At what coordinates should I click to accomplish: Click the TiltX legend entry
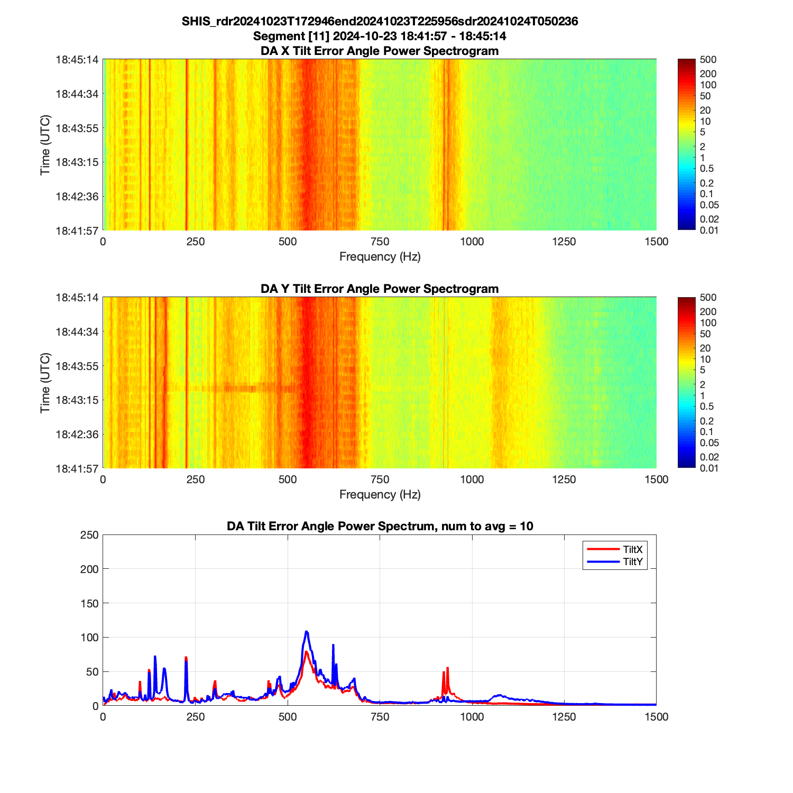632,550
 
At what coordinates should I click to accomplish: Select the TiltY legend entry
632,561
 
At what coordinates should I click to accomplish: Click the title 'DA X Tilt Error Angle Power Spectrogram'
380,51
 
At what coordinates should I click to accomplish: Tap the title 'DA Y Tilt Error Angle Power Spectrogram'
380,289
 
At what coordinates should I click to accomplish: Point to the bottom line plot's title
380,526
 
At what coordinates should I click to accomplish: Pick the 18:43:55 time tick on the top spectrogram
77,128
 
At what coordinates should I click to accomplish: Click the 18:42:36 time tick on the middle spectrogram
77,434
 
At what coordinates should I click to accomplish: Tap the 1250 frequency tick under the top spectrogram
564,242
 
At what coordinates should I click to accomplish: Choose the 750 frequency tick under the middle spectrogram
380,480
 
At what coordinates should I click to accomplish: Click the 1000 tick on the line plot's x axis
472,717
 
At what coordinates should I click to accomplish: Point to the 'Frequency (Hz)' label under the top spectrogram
380,257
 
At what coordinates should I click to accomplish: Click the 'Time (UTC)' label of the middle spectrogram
45,383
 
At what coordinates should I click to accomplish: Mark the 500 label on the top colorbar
708,60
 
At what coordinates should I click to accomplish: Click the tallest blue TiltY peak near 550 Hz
306,632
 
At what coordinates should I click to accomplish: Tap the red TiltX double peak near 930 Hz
447,668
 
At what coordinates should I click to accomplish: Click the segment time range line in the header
380,36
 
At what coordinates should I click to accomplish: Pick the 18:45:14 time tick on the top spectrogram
77,60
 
